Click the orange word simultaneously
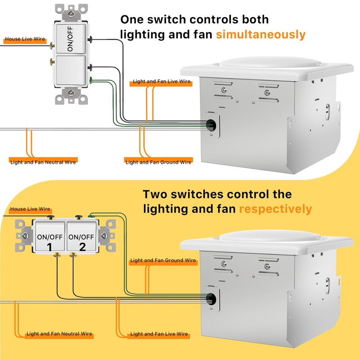(261, 35)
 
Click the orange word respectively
(275, 209)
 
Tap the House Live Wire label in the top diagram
(25, 40)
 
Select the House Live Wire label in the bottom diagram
(30, 209)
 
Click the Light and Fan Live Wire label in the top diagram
(162, 82)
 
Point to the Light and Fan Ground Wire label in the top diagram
(158, 162)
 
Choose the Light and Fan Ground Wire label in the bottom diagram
(163, 261)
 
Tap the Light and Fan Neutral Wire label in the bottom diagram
(59, 334)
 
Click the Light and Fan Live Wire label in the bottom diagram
(159, 334)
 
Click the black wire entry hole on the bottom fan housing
(211, 298)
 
